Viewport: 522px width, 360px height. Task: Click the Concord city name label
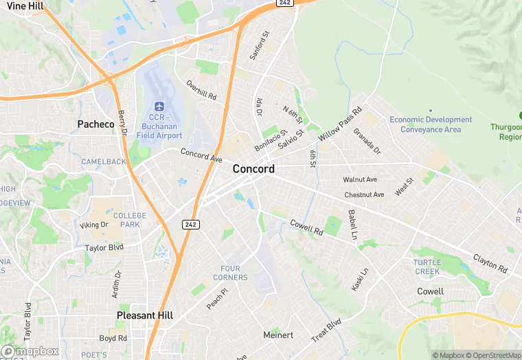253,169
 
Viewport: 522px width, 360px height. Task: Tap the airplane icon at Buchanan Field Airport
159,106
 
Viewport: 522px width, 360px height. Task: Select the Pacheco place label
95,124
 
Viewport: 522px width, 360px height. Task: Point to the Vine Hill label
25,5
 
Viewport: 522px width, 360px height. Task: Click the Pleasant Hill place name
145,315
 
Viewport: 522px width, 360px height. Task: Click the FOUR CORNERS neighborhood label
234,273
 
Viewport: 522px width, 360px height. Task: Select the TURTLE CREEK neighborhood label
427,267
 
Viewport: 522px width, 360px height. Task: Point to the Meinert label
278,335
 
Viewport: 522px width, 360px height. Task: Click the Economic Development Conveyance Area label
431,124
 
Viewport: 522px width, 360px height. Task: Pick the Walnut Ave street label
360,180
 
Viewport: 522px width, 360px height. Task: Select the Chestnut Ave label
364,195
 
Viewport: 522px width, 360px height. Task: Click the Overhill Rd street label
201,90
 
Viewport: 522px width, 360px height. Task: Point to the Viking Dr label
94,225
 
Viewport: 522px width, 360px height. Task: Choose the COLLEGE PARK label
130,220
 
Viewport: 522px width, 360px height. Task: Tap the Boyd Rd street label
113,338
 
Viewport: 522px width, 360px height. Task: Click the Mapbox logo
30,351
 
